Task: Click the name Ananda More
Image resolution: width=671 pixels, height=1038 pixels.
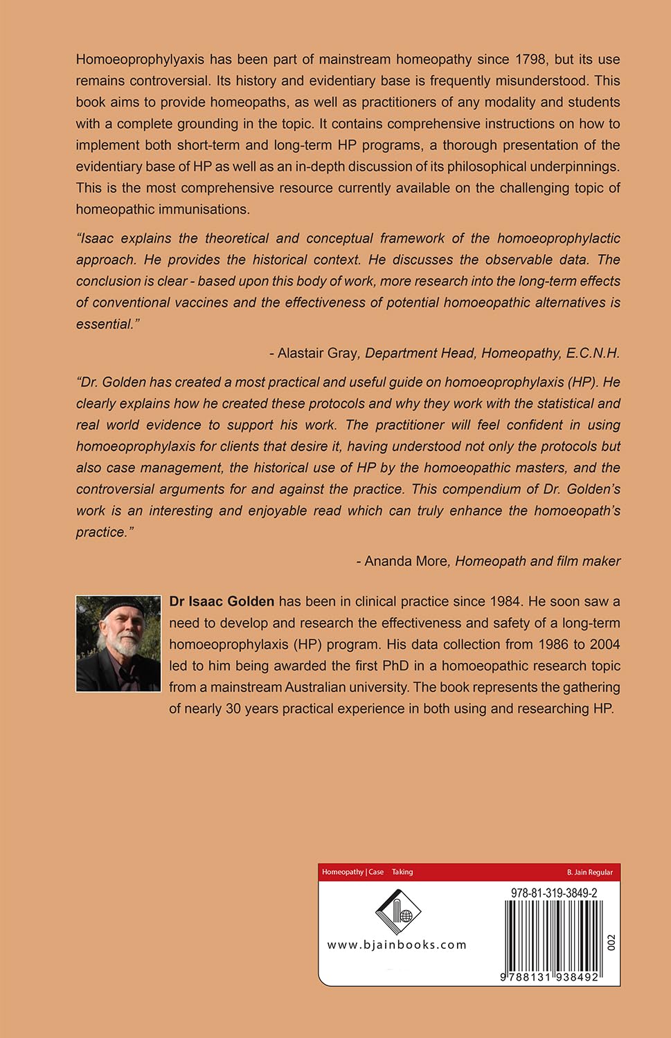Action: click(406, 561)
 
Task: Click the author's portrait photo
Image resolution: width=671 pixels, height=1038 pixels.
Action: click(118, 644)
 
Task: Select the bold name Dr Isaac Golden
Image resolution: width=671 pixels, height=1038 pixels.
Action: click(222, 601)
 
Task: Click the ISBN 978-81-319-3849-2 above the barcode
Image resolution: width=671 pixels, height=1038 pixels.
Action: click(554, 893)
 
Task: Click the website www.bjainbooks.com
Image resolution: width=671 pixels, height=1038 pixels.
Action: click(397, 945)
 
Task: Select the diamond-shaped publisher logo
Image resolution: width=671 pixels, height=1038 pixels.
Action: click(398, 912)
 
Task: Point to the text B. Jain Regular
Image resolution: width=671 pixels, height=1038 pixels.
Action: click(589, 872)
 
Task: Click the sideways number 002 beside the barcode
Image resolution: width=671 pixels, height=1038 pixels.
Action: click(611, 943)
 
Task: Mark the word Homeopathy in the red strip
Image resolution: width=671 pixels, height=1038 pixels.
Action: click(343, 872)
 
